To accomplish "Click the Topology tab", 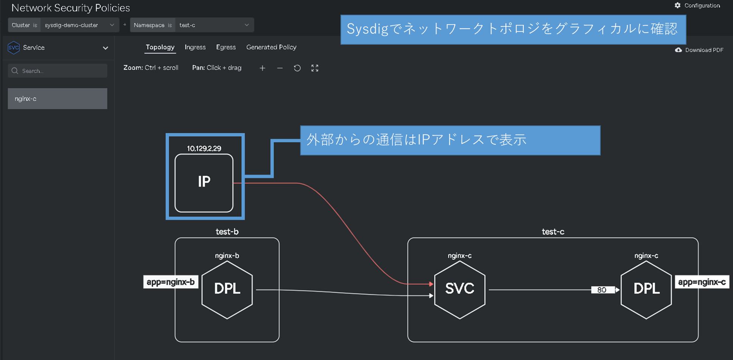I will click(160, 47).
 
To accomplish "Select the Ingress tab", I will click(195, 47).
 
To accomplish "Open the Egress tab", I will click(226, 47).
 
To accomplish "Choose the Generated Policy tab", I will click(271, 47).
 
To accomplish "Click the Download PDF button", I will click(699, 50).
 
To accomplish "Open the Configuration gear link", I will click(697, 6).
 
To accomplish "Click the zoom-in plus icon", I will click(262, 68).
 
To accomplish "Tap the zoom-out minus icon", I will click(280, 68).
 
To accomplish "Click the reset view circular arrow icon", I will click(297, 68).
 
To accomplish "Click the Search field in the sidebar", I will click(58, 71).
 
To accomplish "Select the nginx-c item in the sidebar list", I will click(58, 99).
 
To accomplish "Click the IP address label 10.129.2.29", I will click(204, 148).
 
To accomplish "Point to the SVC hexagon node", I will click(459, 289).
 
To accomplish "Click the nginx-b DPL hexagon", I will click(227, 289).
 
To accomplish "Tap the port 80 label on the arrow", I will click(602, 290).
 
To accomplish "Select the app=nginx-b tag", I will click(171, 282).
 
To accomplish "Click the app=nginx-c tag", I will click(702, 282).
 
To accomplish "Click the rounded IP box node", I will click(204, 183).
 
